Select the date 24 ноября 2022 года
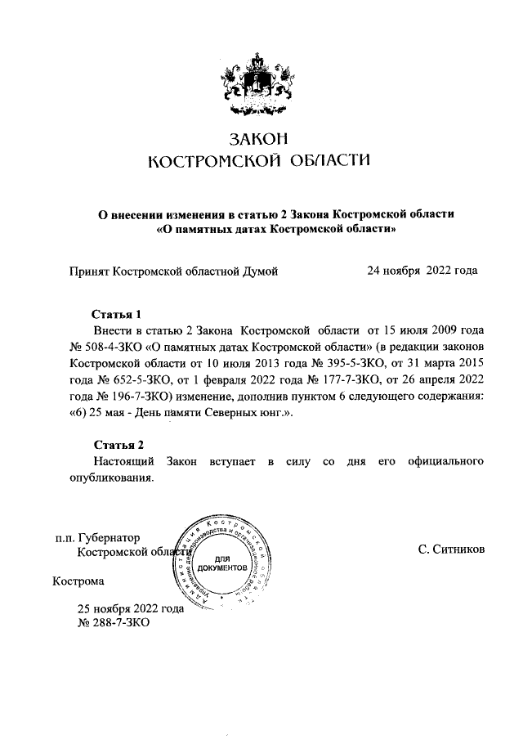click(422, 270)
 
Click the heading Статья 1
click(117, 314)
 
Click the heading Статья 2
click(117, 445)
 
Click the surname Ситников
click(451, 549)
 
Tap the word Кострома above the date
click(78, 582)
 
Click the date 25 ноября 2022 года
click(130, 608)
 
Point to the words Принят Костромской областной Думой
click(174, 270)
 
